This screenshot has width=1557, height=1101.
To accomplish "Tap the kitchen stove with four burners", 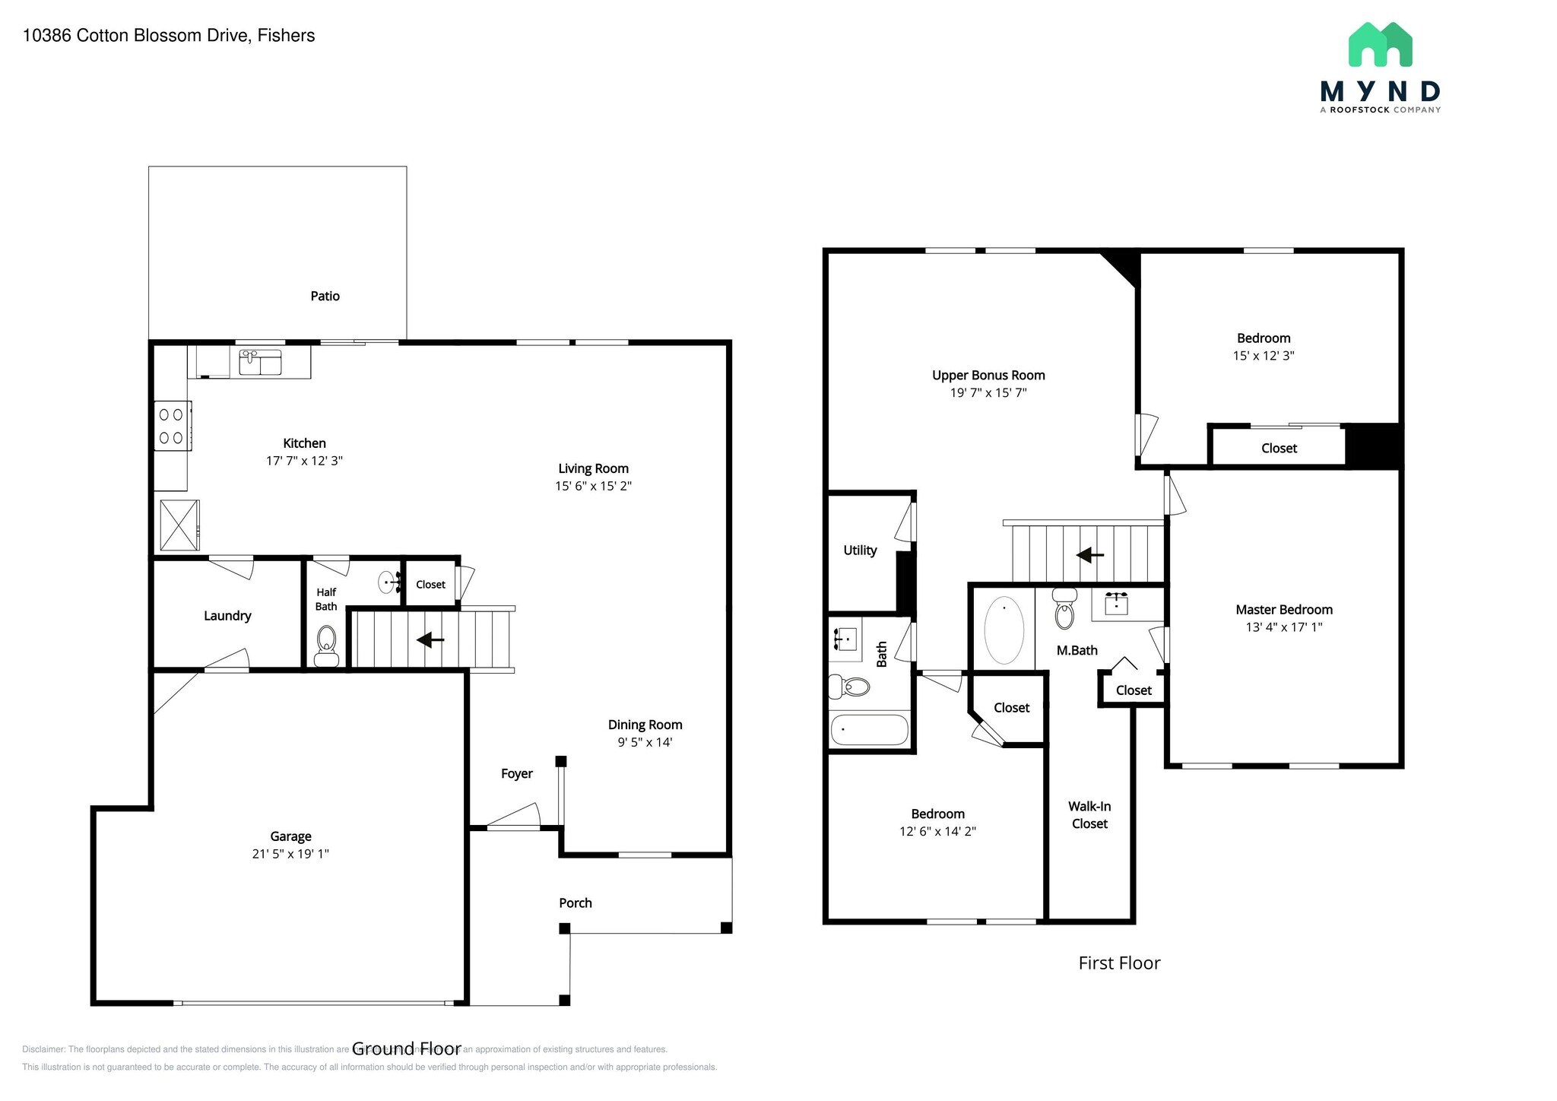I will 172,426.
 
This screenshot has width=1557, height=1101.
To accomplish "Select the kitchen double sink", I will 260,362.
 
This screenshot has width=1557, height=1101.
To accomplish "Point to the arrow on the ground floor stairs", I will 430,639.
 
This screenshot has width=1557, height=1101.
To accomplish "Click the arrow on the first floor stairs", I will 1090,555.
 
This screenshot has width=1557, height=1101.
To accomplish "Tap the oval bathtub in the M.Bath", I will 1004,630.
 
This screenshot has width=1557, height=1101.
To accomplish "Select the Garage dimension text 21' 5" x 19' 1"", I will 290,854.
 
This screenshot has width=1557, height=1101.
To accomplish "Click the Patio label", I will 325,296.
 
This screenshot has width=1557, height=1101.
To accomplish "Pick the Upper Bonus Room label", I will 988,375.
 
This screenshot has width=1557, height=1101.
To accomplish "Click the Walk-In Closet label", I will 1089,814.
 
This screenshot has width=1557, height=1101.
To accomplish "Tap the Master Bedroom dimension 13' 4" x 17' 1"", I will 1284,627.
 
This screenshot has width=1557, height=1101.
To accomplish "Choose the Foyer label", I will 517,773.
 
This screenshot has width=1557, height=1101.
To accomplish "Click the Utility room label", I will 860,550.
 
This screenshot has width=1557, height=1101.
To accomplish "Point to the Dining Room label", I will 645,725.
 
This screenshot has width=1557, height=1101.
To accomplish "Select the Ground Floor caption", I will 406,1049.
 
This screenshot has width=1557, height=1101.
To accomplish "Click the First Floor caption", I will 1119,963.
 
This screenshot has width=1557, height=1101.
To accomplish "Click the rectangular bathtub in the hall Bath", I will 870,730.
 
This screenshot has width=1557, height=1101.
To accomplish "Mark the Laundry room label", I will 227,615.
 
